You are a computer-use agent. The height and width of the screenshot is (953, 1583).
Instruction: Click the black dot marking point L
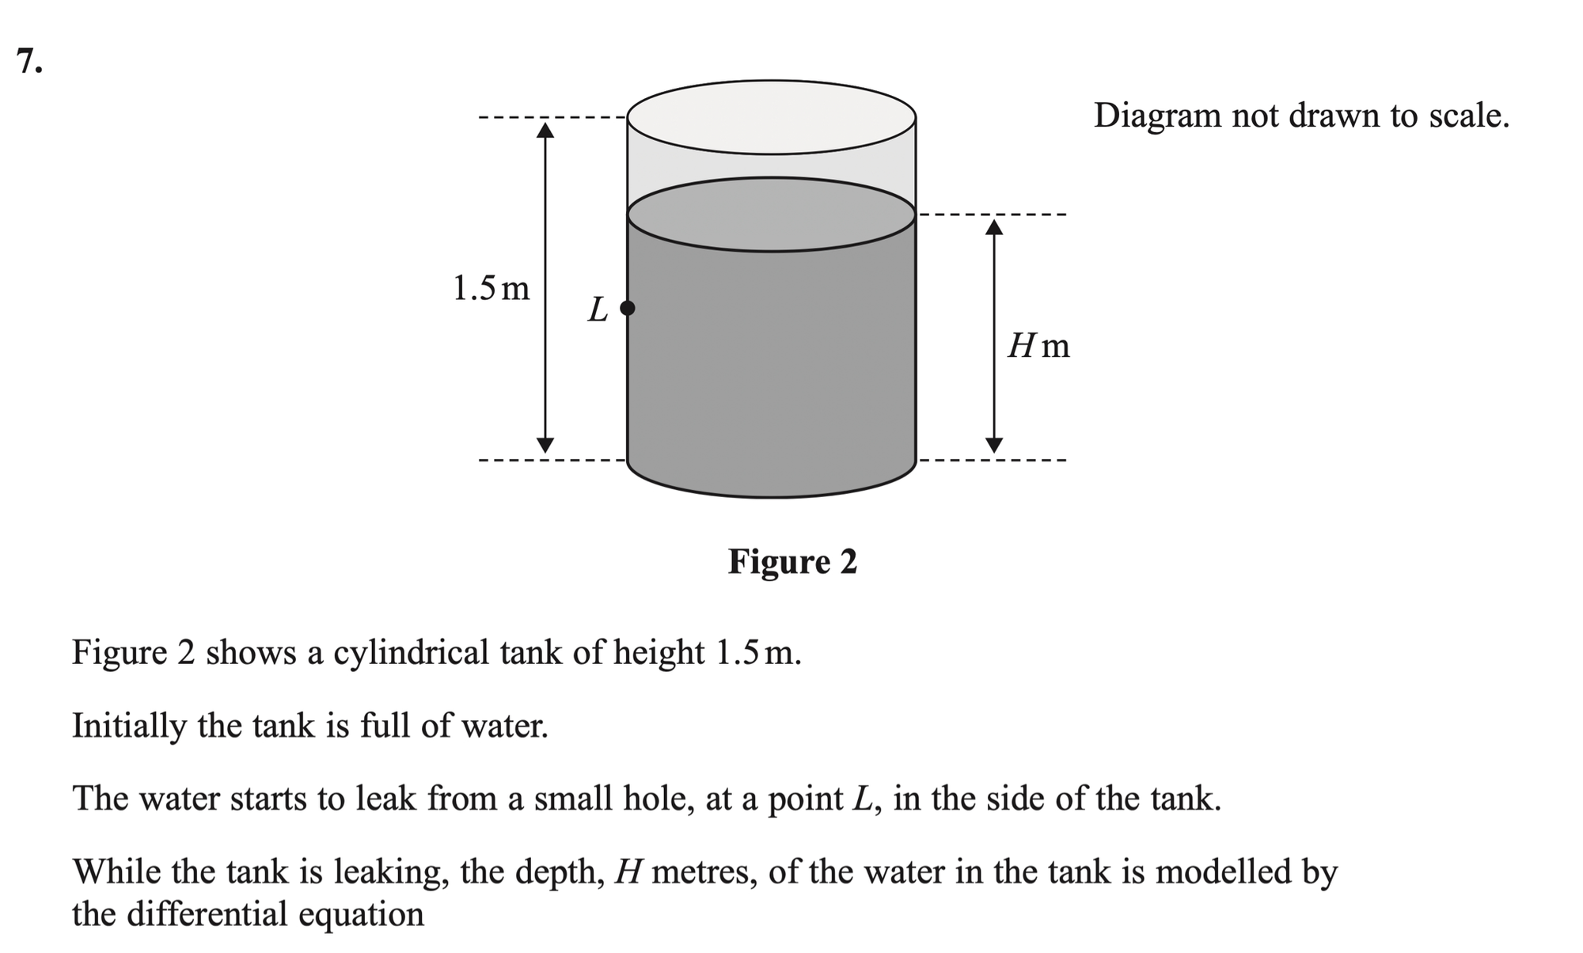(627, 308)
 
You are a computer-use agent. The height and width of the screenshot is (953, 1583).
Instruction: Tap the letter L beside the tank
(598, 309)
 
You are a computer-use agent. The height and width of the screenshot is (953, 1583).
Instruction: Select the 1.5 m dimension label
(491, 288)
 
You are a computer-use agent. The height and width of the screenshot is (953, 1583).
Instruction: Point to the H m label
(1038, 346)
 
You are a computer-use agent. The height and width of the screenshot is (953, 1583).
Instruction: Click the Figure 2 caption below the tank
(792, 562)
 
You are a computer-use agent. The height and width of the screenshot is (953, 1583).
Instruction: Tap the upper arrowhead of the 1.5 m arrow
(545, 128)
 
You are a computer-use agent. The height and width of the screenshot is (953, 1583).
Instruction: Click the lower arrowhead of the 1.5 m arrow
(545, 445)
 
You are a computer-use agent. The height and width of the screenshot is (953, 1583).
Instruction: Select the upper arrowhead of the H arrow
(994, 227)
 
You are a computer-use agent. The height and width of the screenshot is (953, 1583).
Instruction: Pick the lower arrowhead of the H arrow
(994, 445)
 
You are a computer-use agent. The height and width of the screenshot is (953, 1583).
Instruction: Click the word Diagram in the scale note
(1157, 116)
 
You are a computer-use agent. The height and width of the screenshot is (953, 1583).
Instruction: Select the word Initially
(129, 726)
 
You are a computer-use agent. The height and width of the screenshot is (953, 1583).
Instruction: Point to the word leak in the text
(385, 799)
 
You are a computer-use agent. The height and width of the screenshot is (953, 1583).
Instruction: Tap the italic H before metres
(626, 872)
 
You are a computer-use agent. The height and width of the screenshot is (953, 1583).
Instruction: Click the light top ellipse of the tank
(772, 117)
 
